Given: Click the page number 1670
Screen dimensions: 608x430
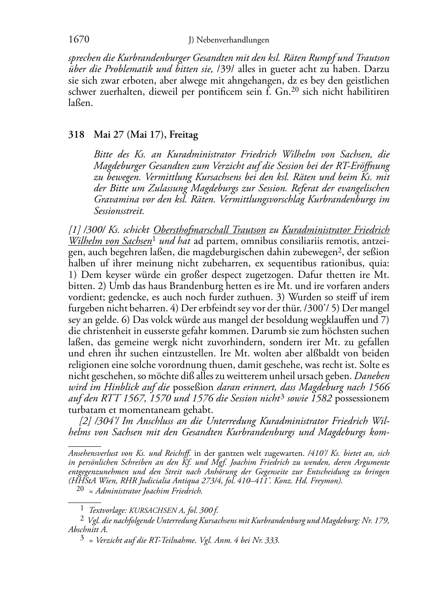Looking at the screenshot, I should tap(78, 40).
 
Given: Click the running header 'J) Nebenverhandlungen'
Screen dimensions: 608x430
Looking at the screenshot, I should tap(229, 40).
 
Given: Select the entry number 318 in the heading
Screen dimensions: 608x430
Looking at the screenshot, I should tap(76, 135).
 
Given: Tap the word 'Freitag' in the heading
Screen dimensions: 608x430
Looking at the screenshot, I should tap(184, 135).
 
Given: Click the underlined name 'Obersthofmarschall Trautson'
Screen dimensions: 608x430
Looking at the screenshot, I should tap(209, 230).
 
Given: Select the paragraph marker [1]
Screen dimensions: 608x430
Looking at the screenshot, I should tap(74, 230).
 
